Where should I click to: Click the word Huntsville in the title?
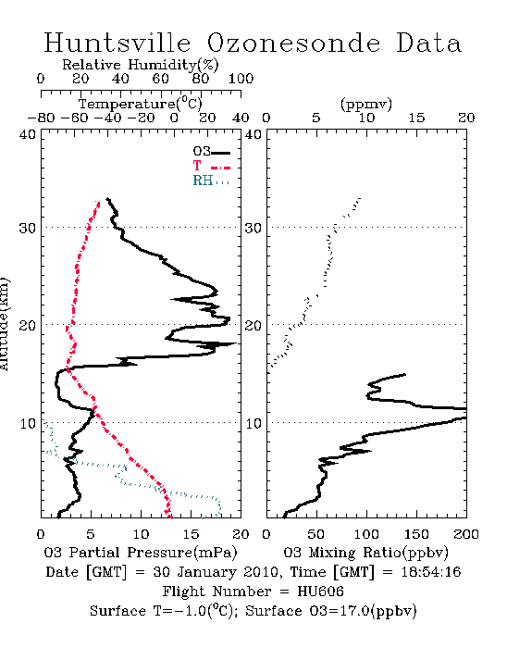117,43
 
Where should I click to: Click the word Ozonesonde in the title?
293,43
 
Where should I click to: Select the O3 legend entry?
211,152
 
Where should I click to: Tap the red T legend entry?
211,166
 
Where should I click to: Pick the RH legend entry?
211,181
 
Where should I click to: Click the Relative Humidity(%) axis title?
141,65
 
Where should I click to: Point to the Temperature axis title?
141,104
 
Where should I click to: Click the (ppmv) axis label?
366,105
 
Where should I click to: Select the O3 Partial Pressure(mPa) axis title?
141,553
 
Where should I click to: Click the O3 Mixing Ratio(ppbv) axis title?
365,553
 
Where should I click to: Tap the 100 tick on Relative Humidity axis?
241,79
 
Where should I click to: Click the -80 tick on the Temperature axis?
41,118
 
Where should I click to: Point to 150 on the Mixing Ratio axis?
416,534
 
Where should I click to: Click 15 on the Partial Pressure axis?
191,534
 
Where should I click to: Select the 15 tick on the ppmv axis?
416,118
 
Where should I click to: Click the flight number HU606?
320,592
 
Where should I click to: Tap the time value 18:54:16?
430,572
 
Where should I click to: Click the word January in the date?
207,573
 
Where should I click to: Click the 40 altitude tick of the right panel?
253,135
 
